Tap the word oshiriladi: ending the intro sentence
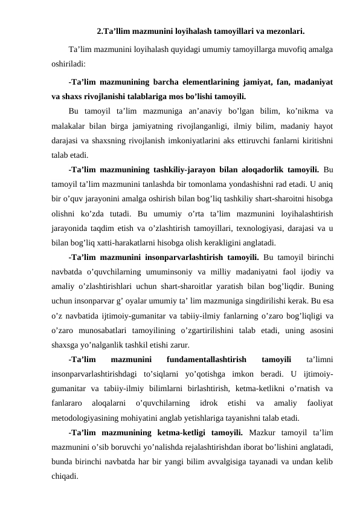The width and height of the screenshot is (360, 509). click(68, 62)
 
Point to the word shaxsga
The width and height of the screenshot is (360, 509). click(66, 346)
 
